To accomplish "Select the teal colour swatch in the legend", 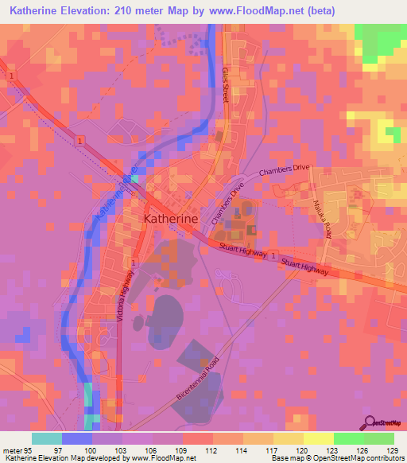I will pos(47,438).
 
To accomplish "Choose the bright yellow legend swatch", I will pos(318,438).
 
